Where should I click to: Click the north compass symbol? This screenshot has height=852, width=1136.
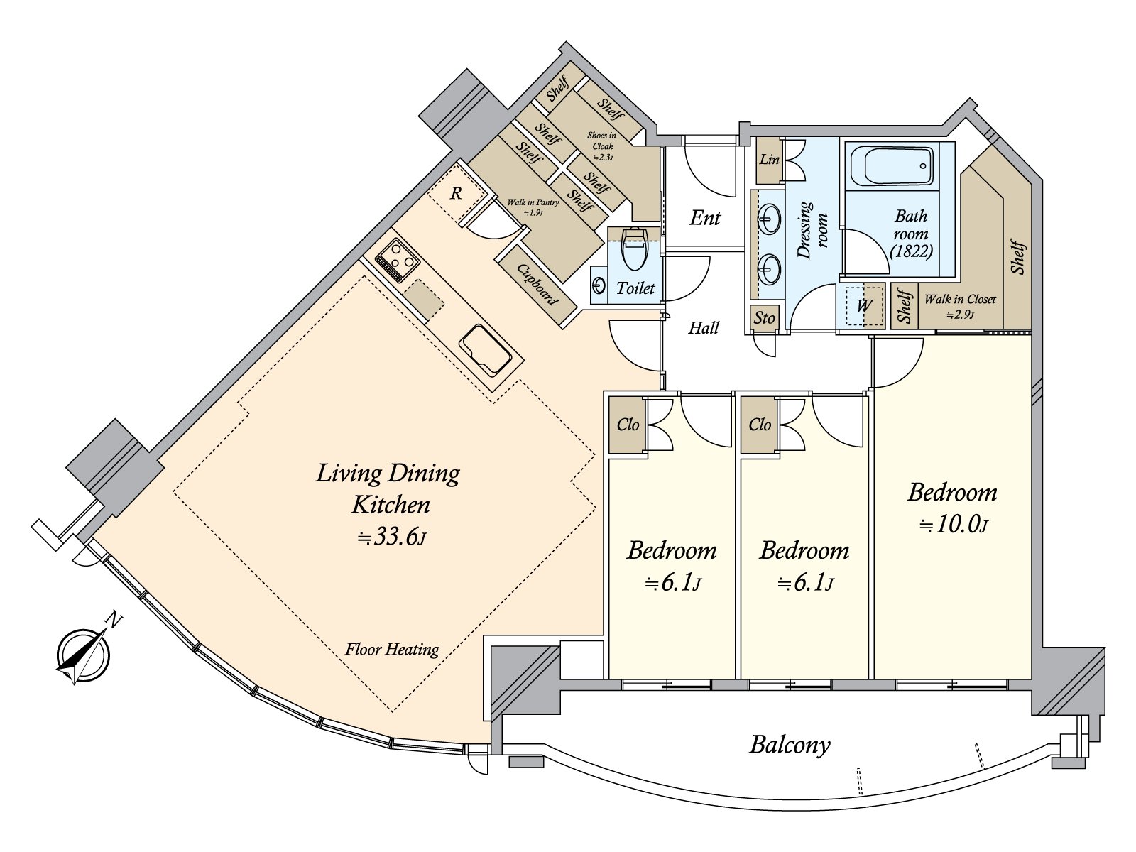point(83,655)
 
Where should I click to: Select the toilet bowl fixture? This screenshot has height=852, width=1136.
point(635,249)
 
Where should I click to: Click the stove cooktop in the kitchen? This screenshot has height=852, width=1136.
point(397,260)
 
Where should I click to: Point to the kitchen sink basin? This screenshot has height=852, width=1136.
point(486,349)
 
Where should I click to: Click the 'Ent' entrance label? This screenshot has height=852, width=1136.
point(704,218)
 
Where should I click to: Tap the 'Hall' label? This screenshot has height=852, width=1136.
point(704,327)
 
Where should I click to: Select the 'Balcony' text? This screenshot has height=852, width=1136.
point(790,745)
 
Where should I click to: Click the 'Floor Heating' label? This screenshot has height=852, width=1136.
point(392,649)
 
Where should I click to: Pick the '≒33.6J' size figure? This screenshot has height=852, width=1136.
point(392,537)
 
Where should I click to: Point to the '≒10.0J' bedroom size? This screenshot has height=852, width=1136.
point(954,525)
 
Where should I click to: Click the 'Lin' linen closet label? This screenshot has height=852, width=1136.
point(769,159)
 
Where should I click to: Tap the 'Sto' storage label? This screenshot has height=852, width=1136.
point(764,317)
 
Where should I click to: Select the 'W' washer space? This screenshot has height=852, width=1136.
point(864,305)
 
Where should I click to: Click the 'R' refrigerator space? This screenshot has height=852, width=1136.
point(456,194)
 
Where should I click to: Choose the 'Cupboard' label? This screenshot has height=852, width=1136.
point(537,285)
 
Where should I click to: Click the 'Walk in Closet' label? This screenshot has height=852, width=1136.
point(960,300)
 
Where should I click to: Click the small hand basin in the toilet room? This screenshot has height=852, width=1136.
point(599,285)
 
